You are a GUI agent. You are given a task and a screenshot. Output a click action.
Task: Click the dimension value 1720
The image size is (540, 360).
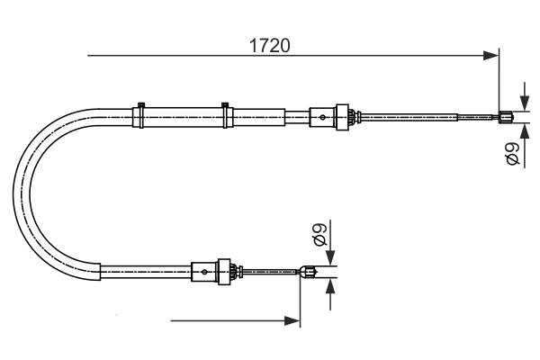(x=270, y=44)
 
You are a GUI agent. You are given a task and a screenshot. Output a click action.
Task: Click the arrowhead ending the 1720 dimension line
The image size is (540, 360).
(x=491, y=57)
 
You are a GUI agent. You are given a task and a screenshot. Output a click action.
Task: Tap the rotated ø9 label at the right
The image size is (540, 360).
(x=512, y=154)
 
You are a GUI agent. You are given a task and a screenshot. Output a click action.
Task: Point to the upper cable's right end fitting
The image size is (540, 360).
(x=506, y=115)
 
